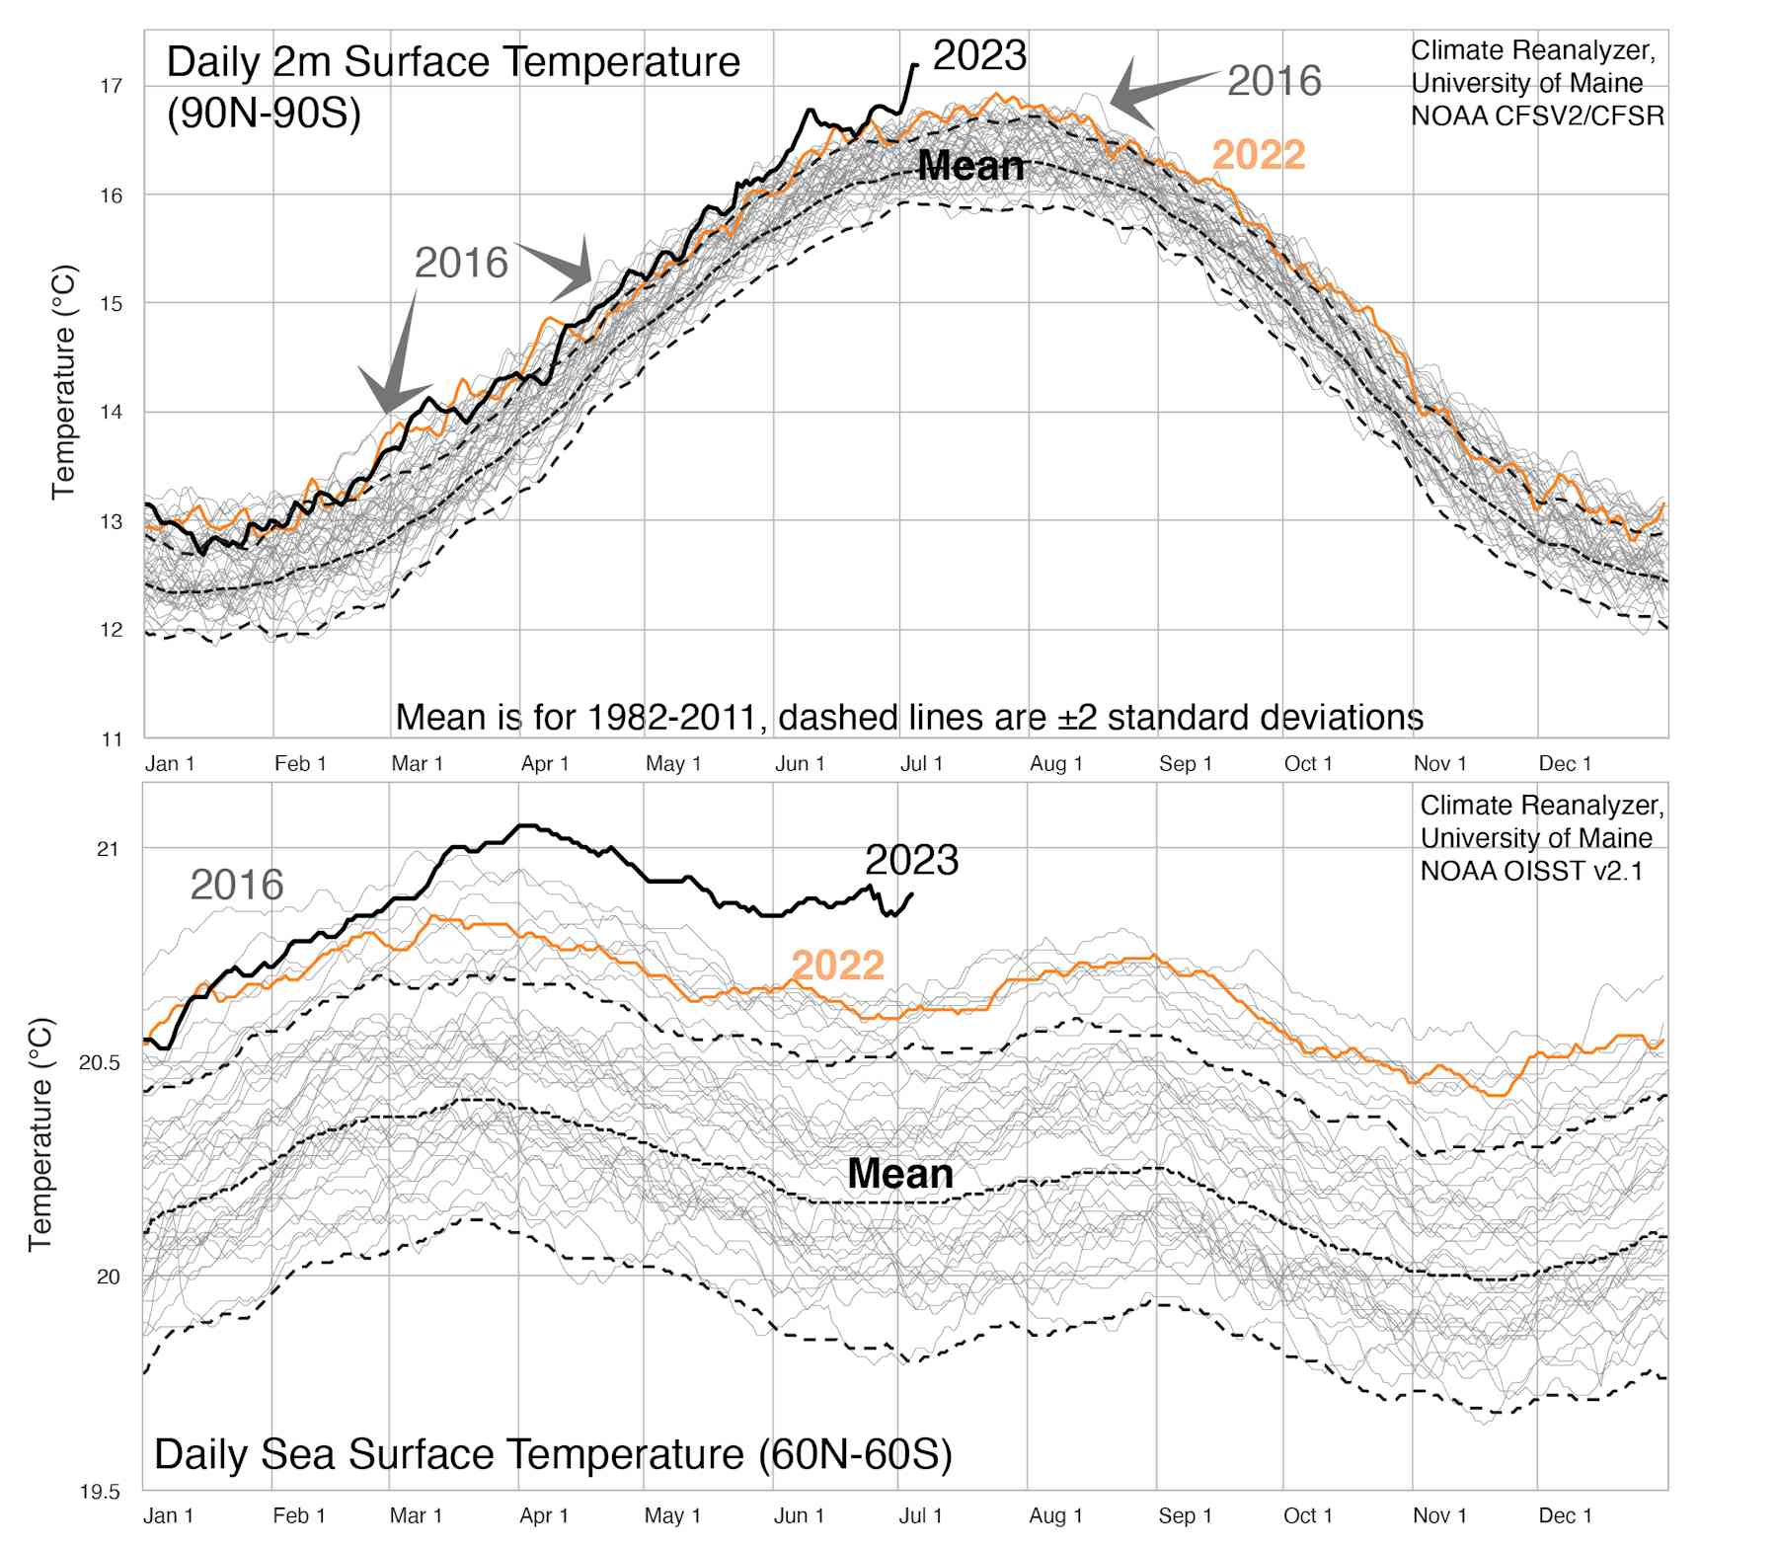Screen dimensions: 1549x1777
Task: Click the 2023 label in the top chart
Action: point(979,56)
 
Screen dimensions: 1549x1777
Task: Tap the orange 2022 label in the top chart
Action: point(1258,155)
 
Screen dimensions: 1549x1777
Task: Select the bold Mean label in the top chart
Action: point(970,166)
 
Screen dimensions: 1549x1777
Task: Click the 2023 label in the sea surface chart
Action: point(911,861)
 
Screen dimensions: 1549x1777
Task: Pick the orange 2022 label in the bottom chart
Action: point(837,966)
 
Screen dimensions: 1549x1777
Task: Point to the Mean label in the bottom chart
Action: point(900,1174)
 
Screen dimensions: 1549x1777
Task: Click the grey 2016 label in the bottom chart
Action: point(237,885)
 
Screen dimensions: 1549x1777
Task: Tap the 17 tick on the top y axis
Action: point(111,86)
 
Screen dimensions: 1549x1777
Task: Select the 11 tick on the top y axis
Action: point(111,739)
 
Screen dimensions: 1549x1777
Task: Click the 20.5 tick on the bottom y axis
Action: point(99,1063)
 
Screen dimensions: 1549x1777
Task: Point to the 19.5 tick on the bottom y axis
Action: point(99,1492)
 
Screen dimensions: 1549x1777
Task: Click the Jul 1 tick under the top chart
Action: point(921,764)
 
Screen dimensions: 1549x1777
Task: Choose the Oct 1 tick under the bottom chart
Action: point(1308,1515)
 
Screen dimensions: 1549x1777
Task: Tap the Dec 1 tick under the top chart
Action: point(1565,764)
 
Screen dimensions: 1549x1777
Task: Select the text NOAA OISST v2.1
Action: point(1531,871)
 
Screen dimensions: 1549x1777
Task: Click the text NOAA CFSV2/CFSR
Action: point(1537,116)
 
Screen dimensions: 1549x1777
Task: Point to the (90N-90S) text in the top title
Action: point(264,114)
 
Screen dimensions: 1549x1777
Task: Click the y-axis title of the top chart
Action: point(64,381)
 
